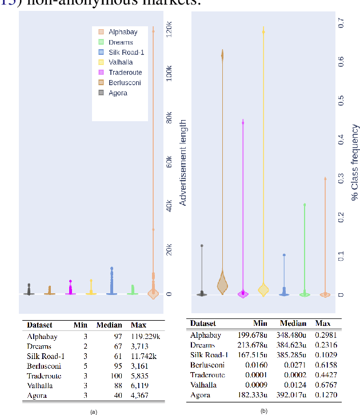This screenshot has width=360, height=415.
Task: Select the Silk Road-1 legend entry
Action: (x=121, y=52)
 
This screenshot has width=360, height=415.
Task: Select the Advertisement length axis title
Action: (x=183, y=162)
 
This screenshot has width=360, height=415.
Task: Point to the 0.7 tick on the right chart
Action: (x=341, y=23)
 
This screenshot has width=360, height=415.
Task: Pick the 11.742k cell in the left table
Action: (x=146, y=356)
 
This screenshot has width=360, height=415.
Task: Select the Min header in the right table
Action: (x=260, y=324)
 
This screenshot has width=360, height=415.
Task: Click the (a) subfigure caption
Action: (x=95, y=411)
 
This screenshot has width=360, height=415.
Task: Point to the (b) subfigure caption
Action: (x=264, y=410)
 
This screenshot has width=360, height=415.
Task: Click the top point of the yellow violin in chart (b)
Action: (x=263, y=29)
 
